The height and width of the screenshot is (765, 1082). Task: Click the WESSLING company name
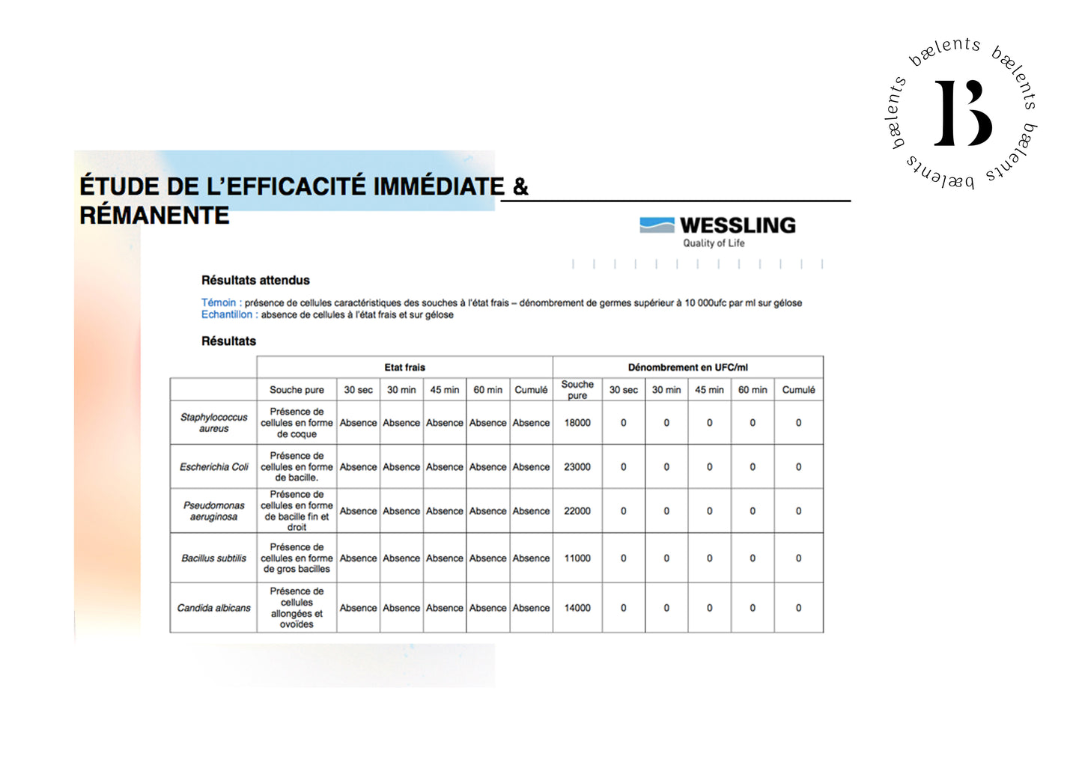pos(737,225)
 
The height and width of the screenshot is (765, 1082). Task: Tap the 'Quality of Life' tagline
pos(713,243)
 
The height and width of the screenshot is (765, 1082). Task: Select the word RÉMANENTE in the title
pos(154,216)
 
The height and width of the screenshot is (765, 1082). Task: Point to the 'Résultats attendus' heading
pos(255,280)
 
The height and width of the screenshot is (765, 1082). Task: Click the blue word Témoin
pos(218,302)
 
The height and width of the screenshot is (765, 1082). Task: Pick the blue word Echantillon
pos(226,314)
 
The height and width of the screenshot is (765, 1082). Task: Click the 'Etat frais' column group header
pos(404,368)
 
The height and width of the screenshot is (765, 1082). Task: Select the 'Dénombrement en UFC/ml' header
pos(687,368)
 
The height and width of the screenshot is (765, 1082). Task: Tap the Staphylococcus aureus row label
pos(213,423)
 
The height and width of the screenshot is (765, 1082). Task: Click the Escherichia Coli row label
pos(213,467)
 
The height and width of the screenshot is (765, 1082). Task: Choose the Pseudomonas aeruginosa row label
pos(213,511)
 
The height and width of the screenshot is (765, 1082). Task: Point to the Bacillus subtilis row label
pos(213,558)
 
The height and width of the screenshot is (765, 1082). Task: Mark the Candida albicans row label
pos(213,608)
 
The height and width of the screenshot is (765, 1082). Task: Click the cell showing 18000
pos(577,423)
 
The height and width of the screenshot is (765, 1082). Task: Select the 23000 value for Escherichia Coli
pos(577,467)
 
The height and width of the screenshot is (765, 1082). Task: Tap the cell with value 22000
pos(577,511)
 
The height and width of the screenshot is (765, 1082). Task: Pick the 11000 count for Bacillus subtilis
pos(577,558)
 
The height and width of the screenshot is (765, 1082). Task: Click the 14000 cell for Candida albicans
pos(577,608)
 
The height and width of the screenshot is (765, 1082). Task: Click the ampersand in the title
pos(520,186)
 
